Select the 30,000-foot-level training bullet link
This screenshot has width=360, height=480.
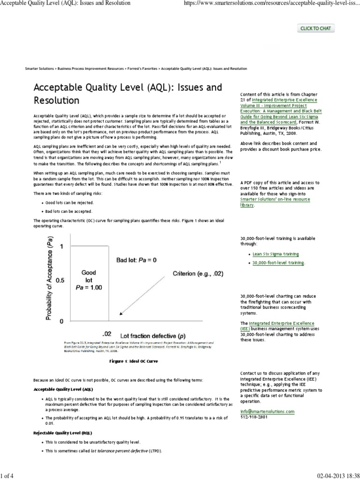(x=278, y=263)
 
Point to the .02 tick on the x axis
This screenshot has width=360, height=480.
(x=106, y=334)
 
